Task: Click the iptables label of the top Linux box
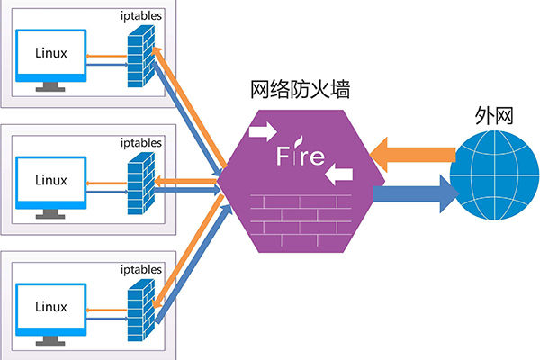[x=141, y=16]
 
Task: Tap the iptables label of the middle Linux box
[x=141, y=143]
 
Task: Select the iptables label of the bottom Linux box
[x=141, y=269]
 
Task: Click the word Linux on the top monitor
[x=51, y=53]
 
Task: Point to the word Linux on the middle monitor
[x=51, y=180]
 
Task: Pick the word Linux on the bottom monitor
[x=51, y=307]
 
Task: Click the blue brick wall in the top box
[x=141, y=57]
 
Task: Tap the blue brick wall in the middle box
[x=141, y=184]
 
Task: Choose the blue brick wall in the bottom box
[x=141, y=310]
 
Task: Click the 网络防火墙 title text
[x=300, y=90]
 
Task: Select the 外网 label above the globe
[x=494, y=116]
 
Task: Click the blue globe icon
[x=495, y=175]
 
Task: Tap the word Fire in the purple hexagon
[x=301, y=154]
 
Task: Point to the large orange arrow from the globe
[x=412, y=155]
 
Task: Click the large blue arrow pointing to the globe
[x=416, y=194]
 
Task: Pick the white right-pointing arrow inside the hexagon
[x=263, y=131]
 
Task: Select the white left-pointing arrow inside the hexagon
[x=339, y=175]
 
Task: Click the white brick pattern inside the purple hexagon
[x=301, y=220]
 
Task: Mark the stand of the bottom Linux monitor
[x=50, y=340]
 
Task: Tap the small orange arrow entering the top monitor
[x=107, y=56]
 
